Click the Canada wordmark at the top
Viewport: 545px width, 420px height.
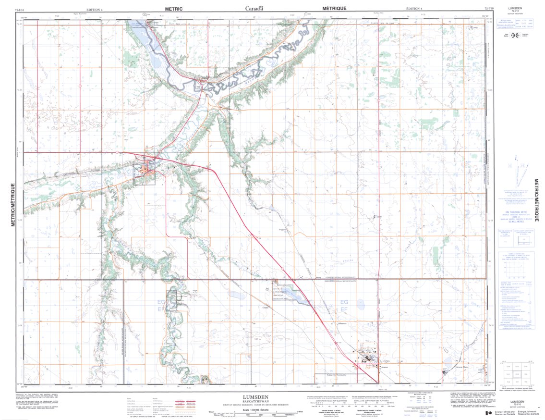point(254,8)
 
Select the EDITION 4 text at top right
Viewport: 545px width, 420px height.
point(414,9)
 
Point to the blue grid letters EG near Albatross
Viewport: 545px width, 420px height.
point(344,301)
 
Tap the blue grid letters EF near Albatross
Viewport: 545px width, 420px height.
point(344,310)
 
